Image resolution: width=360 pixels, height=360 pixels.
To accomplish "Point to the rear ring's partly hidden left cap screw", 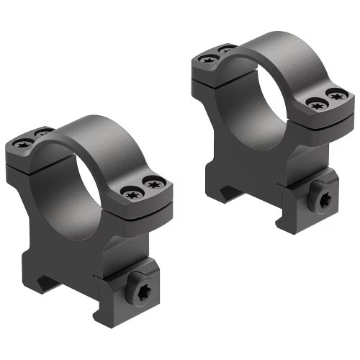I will pos(225,50).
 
